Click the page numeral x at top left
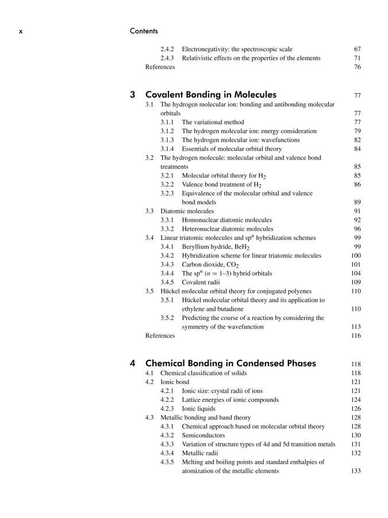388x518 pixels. click(x=21, y=31)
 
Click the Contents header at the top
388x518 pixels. click(x=144, y=31)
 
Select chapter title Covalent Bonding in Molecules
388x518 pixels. click(x=211, y=94)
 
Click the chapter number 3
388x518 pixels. click(x=133, y=94)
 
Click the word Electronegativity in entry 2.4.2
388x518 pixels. click(x=202, y=49)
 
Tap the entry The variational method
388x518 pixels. click(x=213, y=122)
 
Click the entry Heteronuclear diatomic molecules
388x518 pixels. click(x=227, y=228)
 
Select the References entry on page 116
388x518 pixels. click(x=160, y=336)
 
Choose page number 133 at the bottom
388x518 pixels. click(x=355, y=471)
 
